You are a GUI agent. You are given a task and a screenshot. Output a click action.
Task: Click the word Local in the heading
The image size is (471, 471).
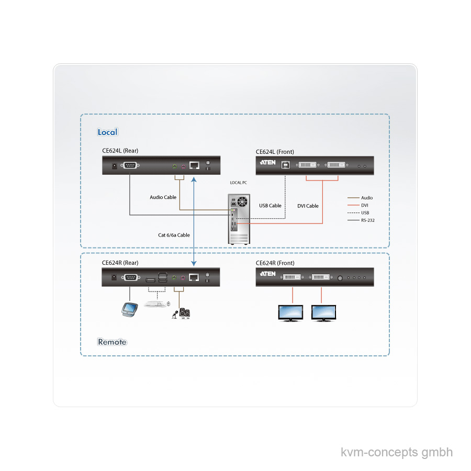point(107,132)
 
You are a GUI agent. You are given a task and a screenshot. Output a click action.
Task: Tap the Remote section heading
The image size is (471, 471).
point(112,342)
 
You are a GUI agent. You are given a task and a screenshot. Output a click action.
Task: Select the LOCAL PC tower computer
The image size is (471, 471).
point(240,219)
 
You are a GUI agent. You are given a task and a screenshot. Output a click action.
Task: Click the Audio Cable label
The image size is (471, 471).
point(163,197)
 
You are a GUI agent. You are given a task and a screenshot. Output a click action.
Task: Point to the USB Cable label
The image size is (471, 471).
point(270,206)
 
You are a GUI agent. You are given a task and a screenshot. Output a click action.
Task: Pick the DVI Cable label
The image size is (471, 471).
point(308,206)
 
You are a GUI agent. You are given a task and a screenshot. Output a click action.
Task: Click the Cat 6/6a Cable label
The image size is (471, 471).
point(174,235)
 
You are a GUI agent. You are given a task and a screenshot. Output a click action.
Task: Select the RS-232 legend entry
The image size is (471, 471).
point(367,220)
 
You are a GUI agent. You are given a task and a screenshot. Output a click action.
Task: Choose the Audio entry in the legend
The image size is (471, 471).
point(367,198)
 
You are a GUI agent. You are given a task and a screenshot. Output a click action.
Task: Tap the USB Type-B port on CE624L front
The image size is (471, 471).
point(285,165)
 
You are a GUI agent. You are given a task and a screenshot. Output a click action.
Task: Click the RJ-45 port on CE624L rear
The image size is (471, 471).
point(194,165)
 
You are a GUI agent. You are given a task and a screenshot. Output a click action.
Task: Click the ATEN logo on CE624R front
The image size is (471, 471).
point(267,274)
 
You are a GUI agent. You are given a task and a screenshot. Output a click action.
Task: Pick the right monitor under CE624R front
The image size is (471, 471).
point(325,313)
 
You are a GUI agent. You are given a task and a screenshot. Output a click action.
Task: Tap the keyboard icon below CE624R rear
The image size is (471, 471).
point(155,303)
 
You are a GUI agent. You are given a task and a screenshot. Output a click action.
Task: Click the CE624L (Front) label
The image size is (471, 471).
point(275,152)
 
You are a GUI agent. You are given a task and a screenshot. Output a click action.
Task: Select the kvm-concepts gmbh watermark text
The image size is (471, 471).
point(397,452)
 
